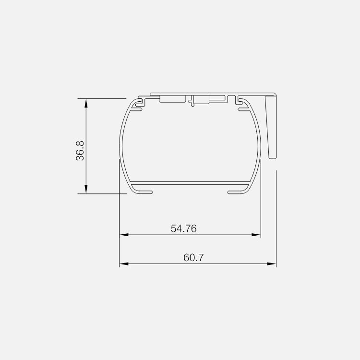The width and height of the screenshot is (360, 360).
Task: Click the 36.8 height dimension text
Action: [x=80, y=151]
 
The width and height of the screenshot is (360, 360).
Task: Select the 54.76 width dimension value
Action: [x=184, y=228]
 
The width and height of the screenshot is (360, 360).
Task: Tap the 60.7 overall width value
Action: [x=193, y=258]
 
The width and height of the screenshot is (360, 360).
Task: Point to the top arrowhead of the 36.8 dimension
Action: [x=86, y=103]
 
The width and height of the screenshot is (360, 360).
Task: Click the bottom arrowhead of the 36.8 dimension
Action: [x=86, y=189]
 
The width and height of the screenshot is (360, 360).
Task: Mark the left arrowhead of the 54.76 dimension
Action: [x=124, y=235]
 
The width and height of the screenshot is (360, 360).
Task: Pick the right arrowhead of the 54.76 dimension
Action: [x=256, y=235]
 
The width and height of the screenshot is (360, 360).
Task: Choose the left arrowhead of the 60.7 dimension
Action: [x=124, y=264]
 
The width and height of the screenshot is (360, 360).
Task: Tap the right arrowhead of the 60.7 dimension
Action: [x=272, y=264]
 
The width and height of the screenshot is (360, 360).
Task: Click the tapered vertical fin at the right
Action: [x=271, y=127]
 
